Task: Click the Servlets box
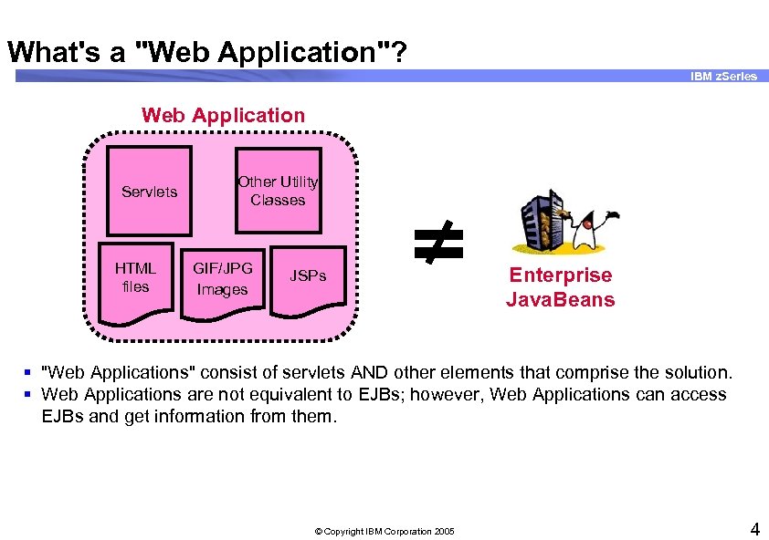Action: (x=150, y=191)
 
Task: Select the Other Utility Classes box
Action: (x=278, y=191)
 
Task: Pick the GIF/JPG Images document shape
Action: (x=223, y=280)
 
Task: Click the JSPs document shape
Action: (x=308, y=275)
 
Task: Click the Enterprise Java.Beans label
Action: (x=560, y=287)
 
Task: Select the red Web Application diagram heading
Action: (x=223, y=115)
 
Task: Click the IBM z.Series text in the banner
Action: (x=723, y=77)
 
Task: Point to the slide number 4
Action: (x=754, y=528)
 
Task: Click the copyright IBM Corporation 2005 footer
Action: (x=384, y=531)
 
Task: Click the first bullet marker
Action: (x=28, y=371)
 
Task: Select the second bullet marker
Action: (x=28, y=394)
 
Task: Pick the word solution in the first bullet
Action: (x=699, y=371)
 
